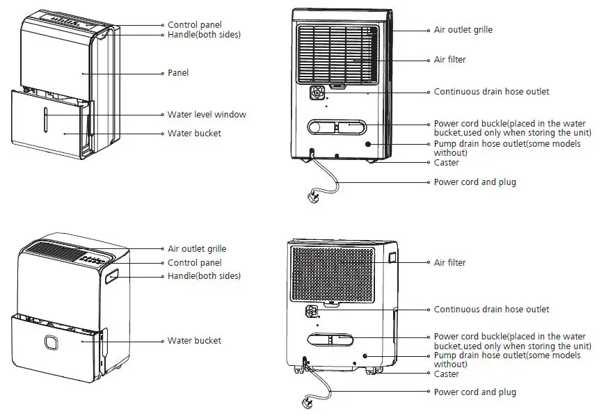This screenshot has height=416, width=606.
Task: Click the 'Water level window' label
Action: click(x=207, y=115)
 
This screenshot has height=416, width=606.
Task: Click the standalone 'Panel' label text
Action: click(x=178, y=73)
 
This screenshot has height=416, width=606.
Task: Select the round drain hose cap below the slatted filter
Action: click(x=317, y=93)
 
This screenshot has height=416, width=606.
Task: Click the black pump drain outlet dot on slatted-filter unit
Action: click(x=368, y=143)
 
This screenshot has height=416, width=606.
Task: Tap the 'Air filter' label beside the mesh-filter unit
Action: click(x=449, y=263)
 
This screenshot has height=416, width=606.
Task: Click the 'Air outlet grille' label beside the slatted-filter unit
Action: click(x=463, y=31)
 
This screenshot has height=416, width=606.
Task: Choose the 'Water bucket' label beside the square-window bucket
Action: click(x=194, y=341)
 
